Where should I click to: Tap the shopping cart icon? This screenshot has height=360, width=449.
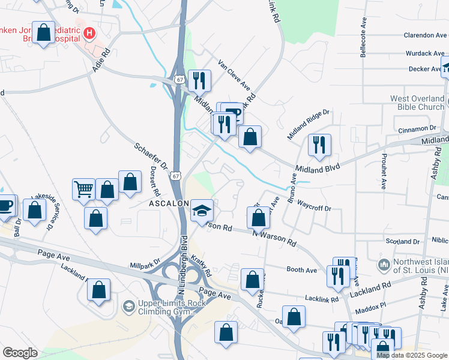coord(84,188)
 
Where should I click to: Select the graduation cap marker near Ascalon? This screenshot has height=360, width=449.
coord(202,210)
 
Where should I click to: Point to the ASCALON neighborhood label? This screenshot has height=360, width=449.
coord(170,203)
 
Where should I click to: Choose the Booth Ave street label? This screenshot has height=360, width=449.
coord(301,270)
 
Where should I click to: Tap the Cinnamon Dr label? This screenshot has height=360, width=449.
coord(417,129)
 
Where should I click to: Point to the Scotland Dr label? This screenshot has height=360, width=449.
coord(402,241)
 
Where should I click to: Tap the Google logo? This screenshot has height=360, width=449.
coord(20,353)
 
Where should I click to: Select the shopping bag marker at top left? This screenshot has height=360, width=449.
coord(44,32)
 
